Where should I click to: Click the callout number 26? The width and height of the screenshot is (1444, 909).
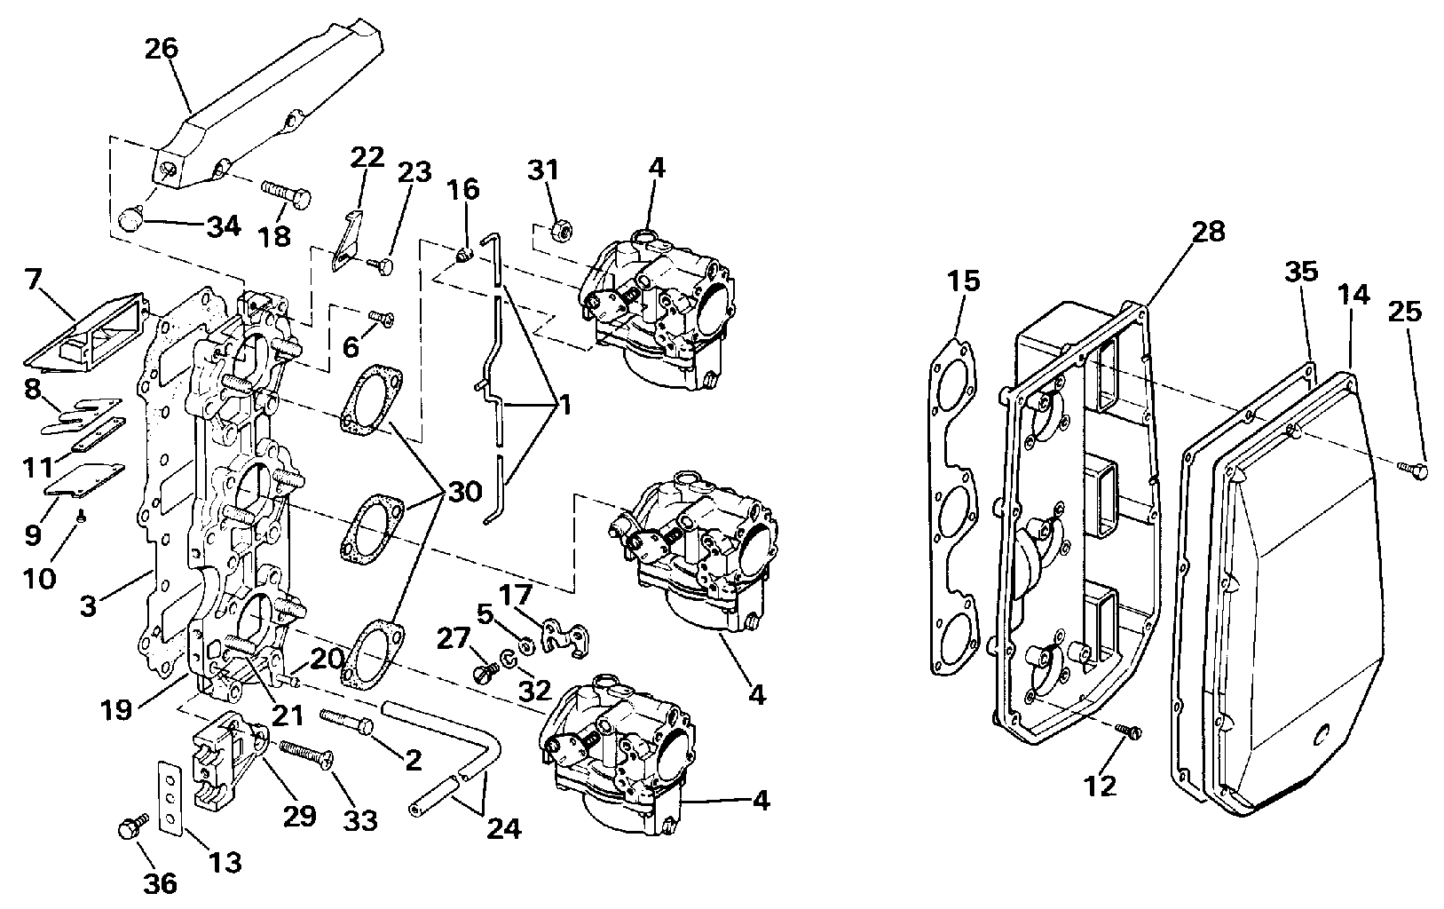pos(162,49)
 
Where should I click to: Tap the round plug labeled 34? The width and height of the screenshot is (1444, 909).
pos(131,220)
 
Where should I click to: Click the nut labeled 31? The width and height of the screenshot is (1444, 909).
pos(561,231)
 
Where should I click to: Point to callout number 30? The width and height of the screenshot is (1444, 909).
pos(464,494)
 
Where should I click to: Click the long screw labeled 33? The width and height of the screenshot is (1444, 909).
pos(306,755)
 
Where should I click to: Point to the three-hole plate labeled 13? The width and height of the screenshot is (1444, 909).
pos(170,797)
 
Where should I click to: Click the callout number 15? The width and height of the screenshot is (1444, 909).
pos(964,281)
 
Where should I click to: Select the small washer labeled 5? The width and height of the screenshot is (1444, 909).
pos(525,644)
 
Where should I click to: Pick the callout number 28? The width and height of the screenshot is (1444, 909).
pos(1209,232)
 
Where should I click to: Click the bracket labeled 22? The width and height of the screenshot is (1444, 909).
pos(346,241)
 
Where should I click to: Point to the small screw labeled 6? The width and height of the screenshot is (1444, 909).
pos(381,319)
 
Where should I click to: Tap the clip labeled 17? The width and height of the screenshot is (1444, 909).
pos(565,638)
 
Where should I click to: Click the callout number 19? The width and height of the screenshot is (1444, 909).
pos(116,711)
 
